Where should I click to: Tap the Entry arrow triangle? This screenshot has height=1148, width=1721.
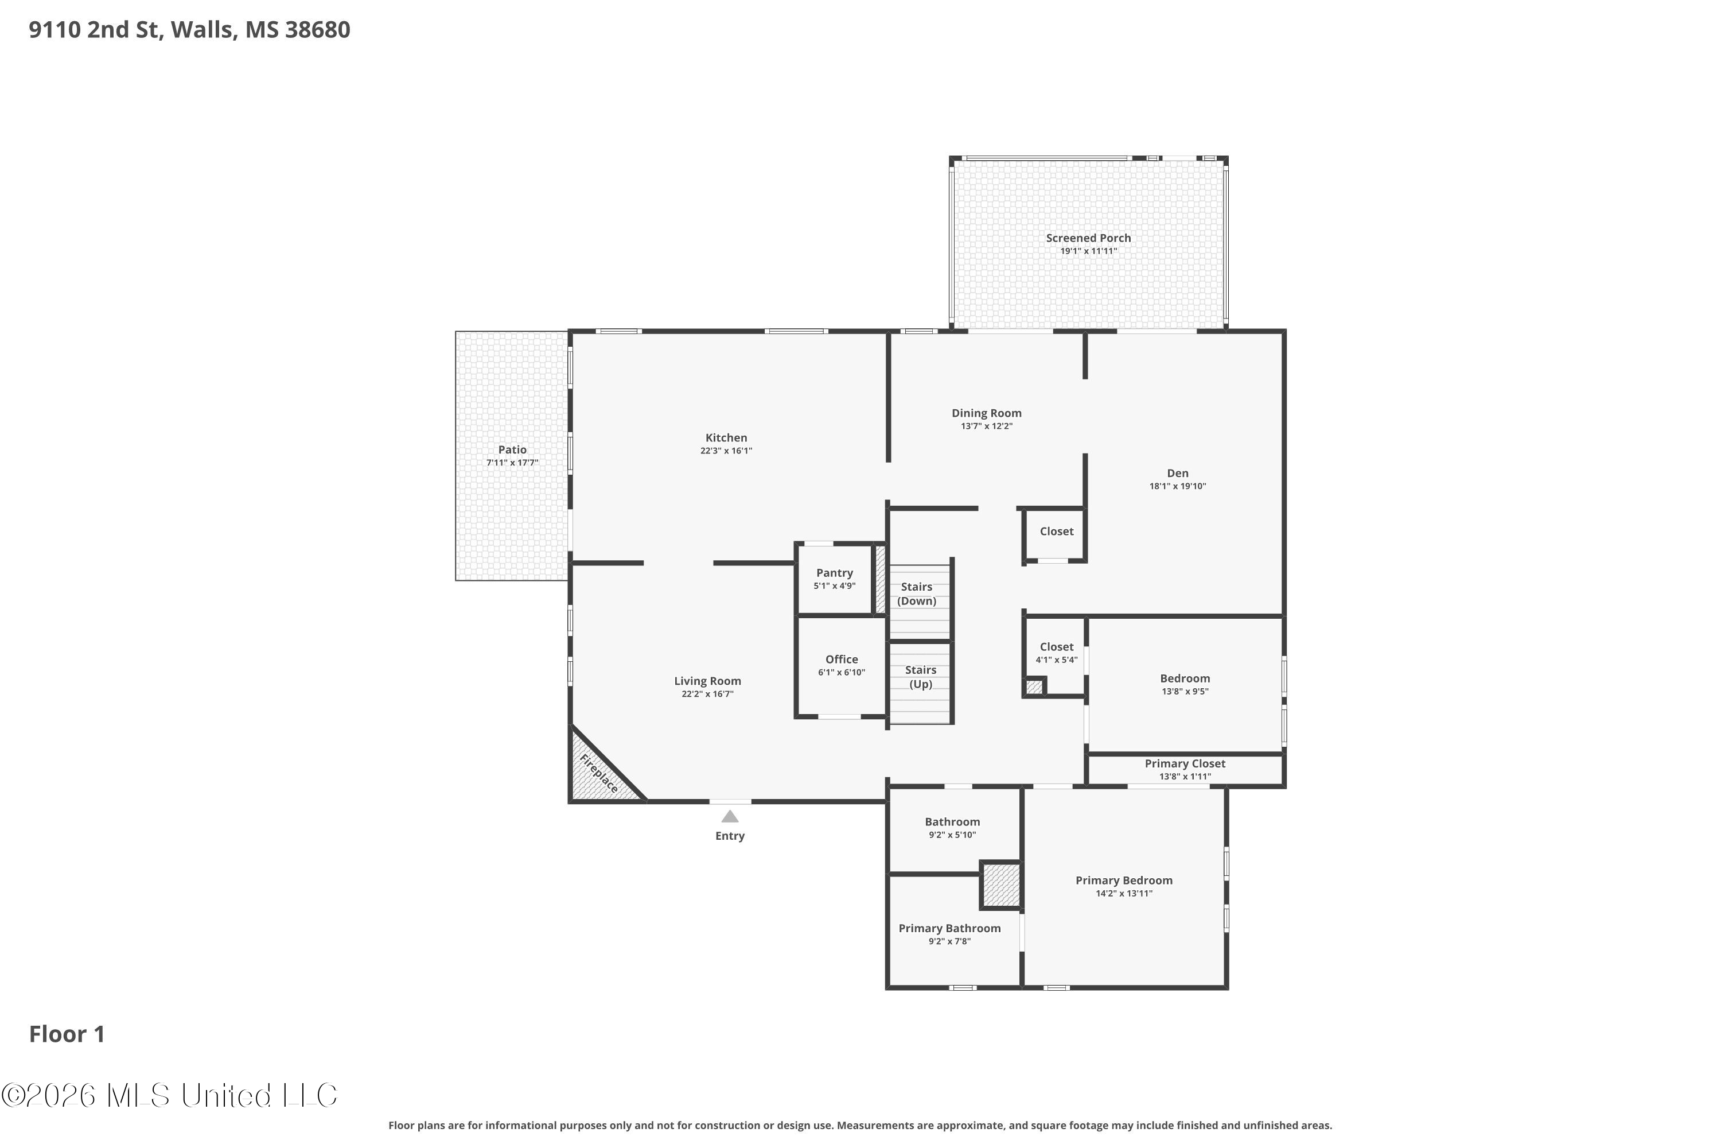730,816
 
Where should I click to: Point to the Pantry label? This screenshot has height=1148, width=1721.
834,573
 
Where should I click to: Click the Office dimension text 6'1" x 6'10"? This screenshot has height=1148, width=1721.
842,672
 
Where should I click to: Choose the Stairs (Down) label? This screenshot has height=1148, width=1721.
917,594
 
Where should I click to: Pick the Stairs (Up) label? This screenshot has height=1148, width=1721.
921,677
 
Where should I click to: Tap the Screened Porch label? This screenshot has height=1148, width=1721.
1088,238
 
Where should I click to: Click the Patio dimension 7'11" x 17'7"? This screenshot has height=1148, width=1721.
512,463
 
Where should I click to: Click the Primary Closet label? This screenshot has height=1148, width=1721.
1185,763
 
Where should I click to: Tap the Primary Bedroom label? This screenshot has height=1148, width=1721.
1124,881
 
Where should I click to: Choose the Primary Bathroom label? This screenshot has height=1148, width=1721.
950,928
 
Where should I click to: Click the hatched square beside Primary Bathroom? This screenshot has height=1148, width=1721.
1001,885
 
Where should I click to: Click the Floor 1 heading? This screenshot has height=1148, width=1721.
67,1034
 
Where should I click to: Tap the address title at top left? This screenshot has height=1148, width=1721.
189,30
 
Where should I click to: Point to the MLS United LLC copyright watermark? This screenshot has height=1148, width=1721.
169,1095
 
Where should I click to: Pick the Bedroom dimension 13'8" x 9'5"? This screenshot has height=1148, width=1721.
1185,692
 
